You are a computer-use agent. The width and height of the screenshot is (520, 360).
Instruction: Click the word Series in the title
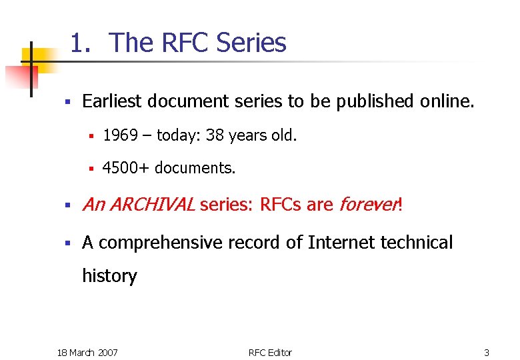click(251, 43)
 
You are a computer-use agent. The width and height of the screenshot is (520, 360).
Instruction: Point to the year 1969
click(120, 136)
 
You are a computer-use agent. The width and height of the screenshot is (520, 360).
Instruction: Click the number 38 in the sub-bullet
click(215, 136)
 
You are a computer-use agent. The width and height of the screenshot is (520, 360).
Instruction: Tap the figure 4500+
click(125, 168)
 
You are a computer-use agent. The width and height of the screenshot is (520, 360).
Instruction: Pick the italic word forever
click(367, 205)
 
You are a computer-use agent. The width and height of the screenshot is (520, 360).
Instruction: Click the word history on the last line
click(109, 276)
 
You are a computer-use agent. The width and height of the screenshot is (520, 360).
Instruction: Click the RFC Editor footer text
click(270, 352)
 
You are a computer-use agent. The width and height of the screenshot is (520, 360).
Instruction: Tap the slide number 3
click(487, 352)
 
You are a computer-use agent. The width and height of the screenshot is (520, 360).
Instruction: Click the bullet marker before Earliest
click(67, 102)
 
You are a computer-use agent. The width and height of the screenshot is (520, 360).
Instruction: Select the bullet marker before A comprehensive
click(67, 243)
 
